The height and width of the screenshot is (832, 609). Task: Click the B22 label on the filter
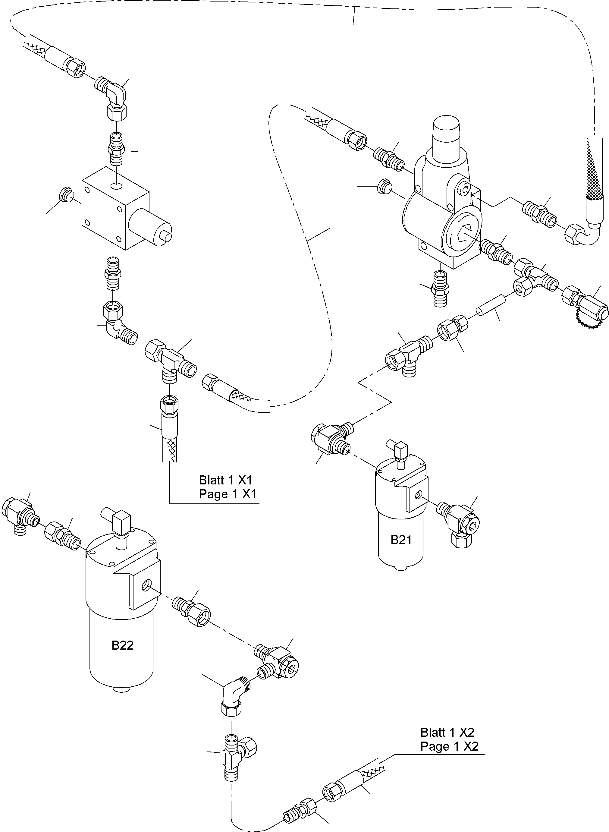(x=122, y=645)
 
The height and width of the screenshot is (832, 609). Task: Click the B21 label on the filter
(x=401, y=540)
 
